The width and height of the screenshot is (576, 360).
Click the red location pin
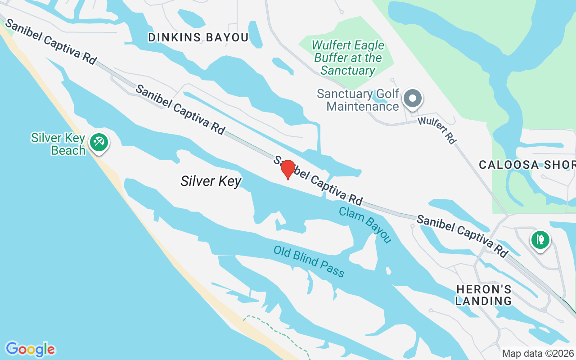pyautogui.click(x=288, y=169)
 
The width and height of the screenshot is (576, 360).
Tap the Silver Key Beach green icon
pyautogui.click(x=98, y=143)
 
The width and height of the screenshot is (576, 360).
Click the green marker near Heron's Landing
pyautogui.click(x=540, y=239)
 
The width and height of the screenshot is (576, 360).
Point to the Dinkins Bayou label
pyautogui.click(x=198, y=37)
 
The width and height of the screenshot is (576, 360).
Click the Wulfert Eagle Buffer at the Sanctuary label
pyautogui.click(x=348, y=58)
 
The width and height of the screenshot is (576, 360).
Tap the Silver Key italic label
pyautogui.click(x=211, y=181)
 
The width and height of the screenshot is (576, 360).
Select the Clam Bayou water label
pyautogui.click(x=365, y=225)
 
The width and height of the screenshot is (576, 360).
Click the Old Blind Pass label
pyautogui.click(x=309, y=261)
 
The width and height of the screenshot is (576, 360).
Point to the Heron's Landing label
pyautogui.click(x=483, y=295)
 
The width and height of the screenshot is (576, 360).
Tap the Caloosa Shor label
pyautogui.click(x=527, y=165)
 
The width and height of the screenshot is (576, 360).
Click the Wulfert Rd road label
pyautogui.click(x=436, y=130)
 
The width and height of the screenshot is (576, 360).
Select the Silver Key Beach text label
pyautogui.click(x=58, y=144)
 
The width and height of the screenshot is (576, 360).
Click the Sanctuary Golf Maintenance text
pyautogui.click(x=358, y=100)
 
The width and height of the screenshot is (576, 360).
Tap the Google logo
pyautogui.click(x=30, y=349)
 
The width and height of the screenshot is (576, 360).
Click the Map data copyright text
pyautogui.click(x=538, y=353)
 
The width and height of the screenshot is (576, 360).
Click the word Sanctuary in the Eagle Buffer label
pyautogui.click(x=348, y=71)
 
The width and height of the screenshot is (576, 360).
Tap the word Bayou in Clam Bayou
pyautogui.click(x=377, y=230)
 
